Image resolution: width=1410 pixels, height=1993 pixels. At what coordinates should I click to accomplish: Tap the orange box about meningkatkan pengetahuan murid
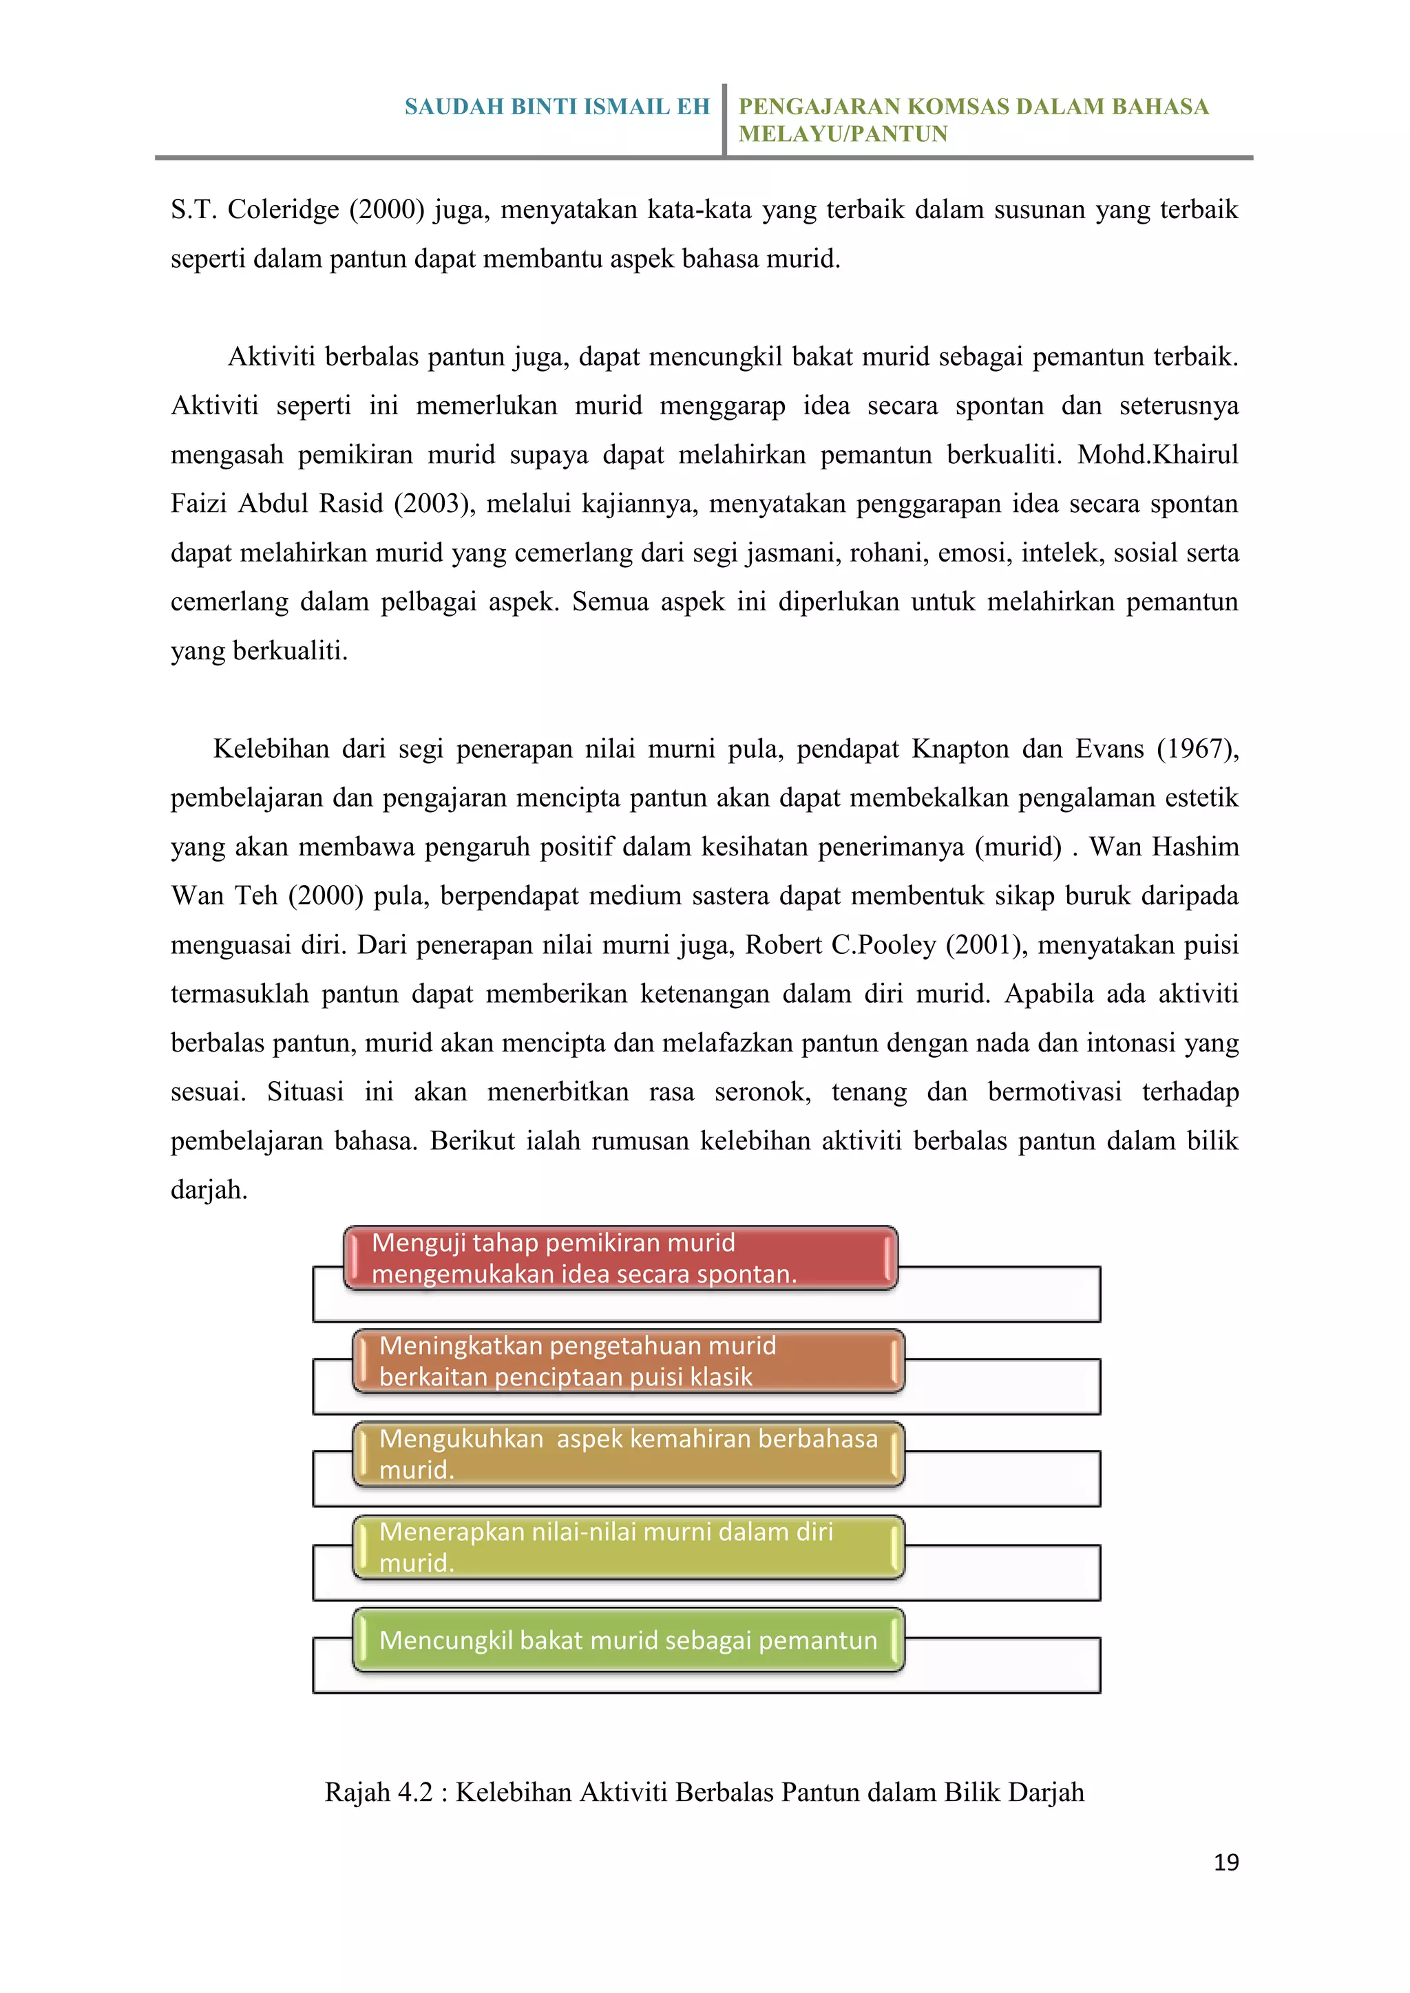click(628, 1360)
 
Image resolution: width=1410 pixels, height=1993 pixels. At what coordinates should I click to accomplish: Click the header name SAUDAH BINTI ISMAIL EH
click(556, 107)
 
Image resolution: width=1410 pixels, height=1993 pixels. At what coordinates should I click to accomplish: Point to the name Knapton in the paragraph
click(959, 748)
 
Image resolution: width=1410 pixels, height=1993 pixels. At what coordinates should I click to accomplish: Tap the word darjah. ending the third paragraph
click(209, 1189)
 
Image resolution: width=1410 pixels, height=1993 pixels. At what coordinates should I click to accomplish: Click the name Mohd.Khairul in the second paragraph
click(1157, 455)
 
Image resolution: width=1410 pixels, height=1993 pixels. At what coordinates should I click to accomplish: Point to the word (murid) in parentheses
click(1018, 846)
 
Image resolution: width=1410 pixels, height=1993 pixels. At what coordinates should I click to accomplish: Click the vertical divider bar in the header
click(724, 120)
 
